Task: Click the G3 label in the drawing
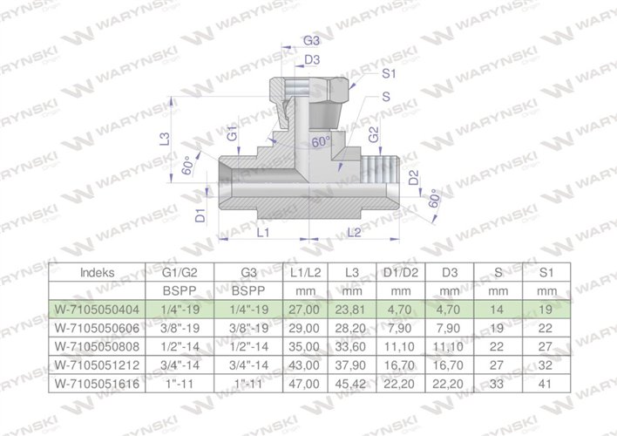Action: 310,41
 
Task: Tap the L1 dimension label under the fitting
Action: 262,233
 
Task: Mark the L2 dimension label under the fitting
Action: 355,232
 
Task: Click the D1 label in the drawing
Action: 200,214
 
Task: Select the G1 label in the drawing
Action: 232,135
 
